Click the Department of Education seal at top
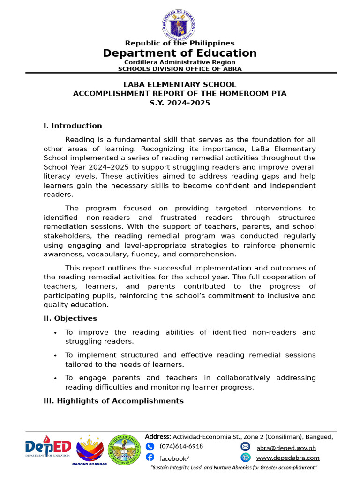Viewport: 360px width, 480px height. pos(180,22)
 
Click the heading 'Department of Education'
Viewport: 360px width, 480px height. pos(180,53)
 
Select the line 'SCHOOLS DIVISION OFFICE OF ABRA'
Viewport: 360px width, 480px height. pos(180,69)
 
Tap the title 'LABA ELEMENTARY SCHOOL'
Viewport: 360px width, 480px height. pos(180,85)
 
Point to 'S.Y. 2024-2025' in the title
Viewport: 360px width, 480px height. pos(180,103)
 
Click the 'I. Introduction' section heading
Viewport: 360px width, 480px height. pos(73,126)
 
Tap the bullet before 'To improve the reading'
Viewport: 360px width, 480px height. pos(56,333)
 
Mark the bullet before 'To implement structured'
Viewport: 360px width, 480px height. pos(56,356)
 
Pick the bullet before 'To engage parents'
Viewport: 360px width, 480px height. pos(56,378)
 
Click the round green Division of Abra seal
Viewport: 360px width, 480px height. pos(124,449)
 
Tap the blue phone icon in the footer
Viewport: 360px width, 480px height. pos(150,446)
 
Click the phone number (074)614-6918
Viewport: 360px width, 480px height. pos(181,446)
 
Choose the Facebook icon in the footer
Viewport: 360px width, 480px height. pos(150,457)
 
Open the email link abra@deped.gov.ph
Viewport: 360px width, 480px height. pos(286,448)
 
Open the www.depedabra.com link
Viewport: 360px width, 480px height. pos(288,458)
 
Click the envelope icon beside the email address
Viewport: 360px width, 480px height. pos(246,446)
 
